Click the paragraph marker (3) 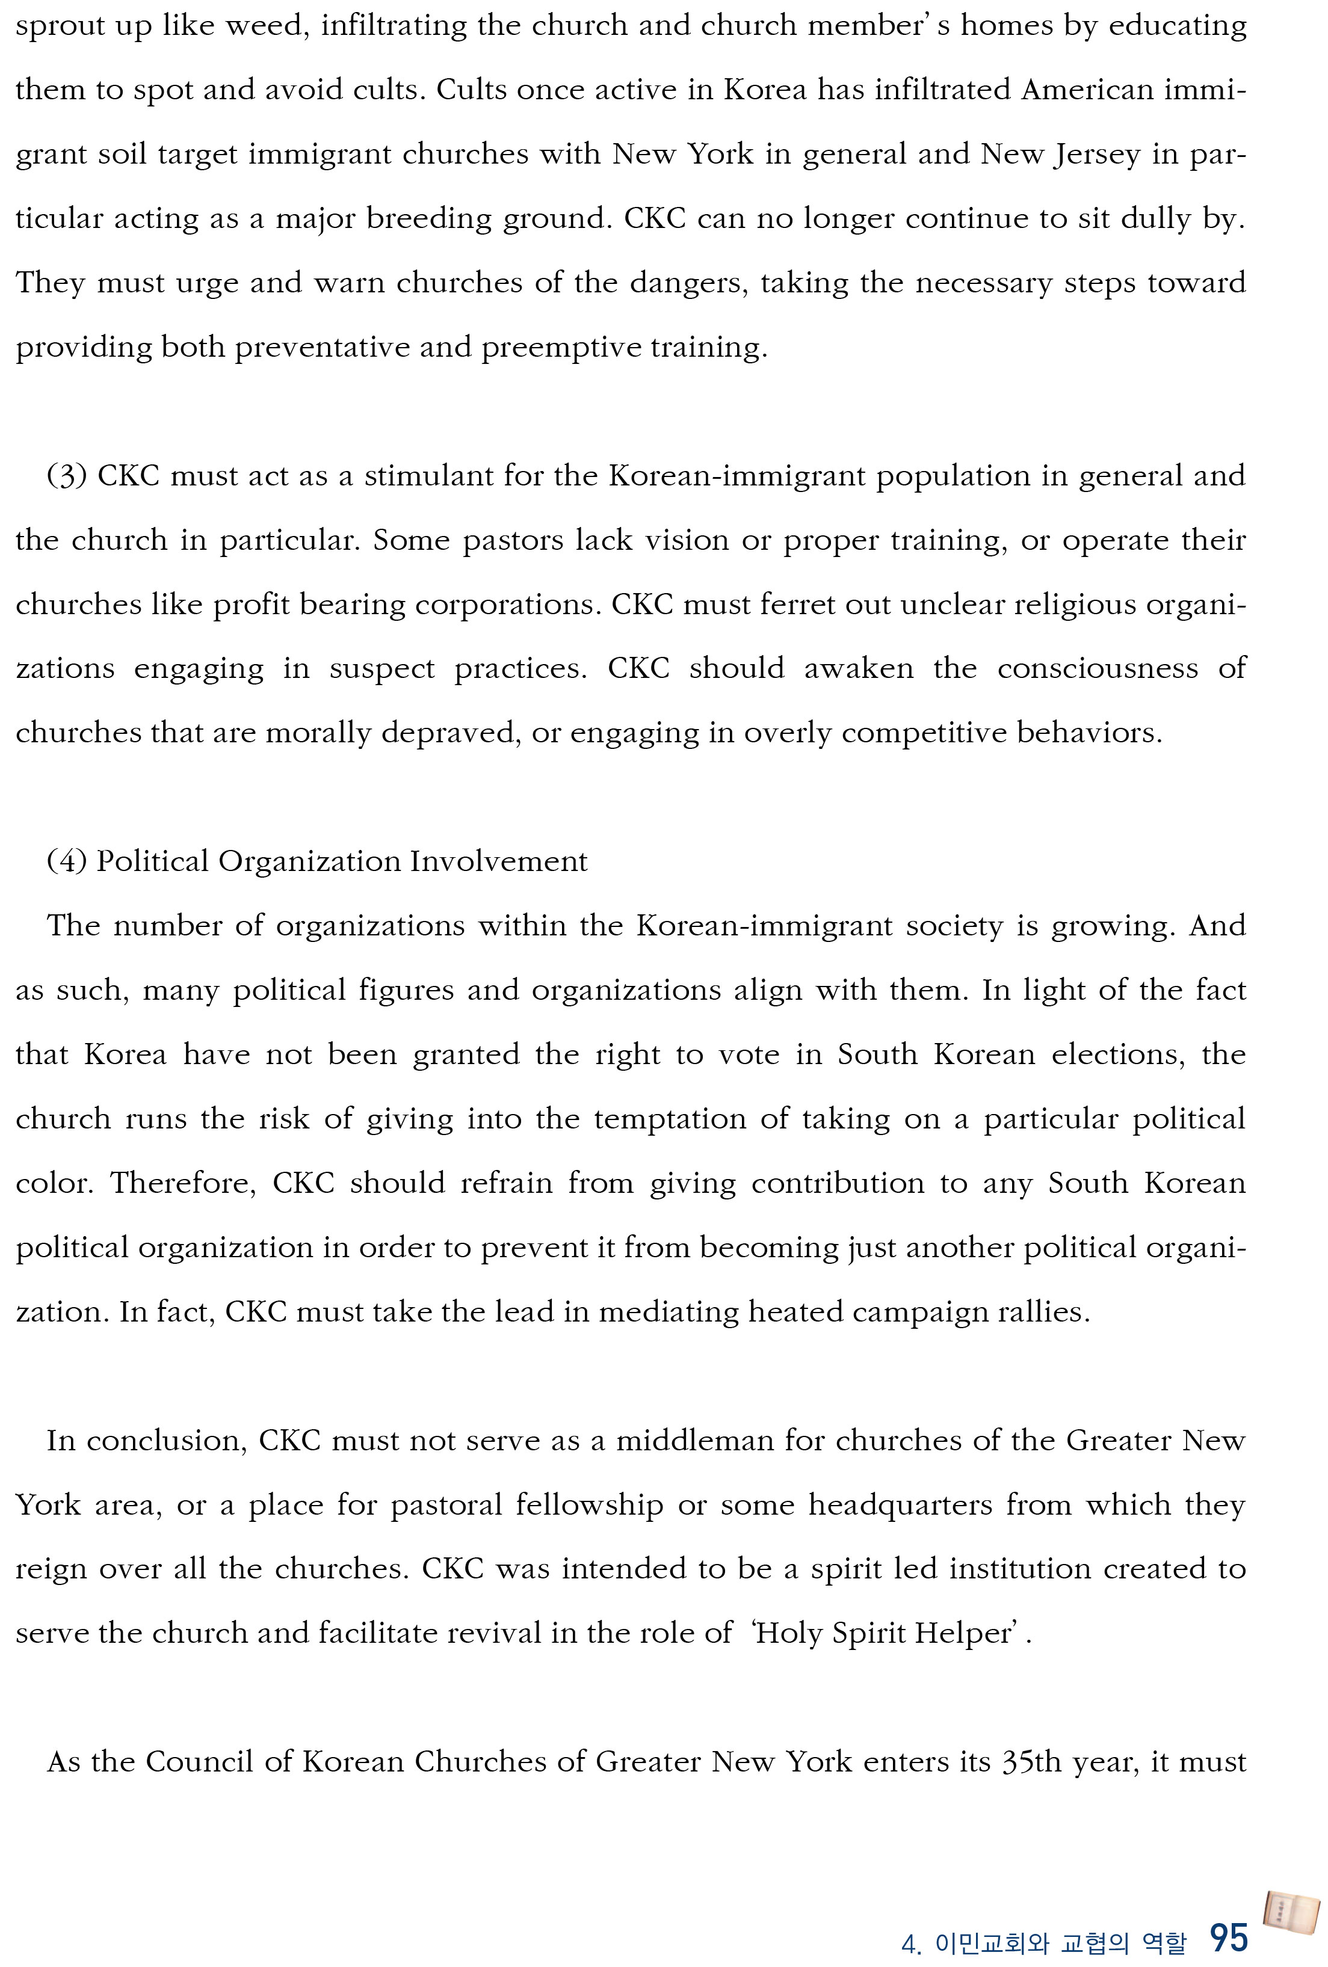pos(66,476)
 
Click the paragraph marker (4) pos(66,861)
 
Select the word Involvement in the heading pos(499,861)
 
